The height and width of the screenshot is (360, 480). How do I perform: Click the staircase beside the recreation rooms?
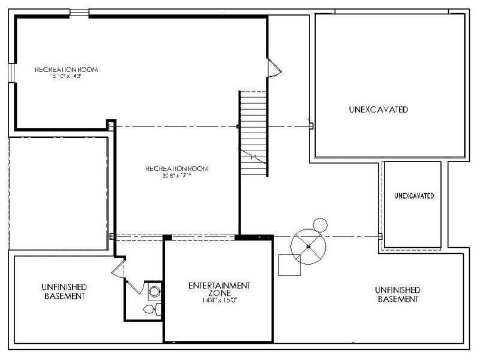pos(253,132)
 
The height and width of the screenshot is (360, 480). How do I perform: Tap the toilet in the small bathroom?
pos(149,310)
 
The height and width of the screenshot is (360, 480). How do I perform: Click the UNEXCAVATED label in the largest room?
pos(378,110)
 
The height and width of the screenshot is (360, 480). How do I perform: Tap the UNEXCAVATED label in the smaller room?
pos(413,196)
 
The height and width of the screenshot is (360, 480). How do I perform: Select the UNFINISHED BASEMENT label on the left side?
pos(64,292)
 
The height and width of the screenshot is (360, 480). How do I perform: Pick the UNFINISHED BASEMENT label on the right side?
pos(397,294)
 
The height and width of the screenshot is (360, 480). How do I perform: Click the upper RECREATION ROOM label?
pos(66,70)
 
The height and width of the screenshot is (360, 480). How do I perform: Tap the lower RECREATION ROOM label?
pos(176,169)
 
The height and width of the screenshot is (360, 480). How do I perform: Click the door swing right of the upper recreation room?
pos(272,67)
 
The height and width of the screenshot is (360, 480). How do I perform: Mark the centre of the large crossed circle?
pos(308,246)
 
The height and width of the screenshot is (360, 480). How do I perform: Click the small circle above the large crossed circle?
pos(320,225)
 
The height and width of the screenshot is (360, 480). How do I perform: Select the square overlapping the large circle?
pos(289,265)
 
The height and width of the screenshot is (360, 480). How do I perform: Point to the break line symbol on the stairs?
pos(254,157)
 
